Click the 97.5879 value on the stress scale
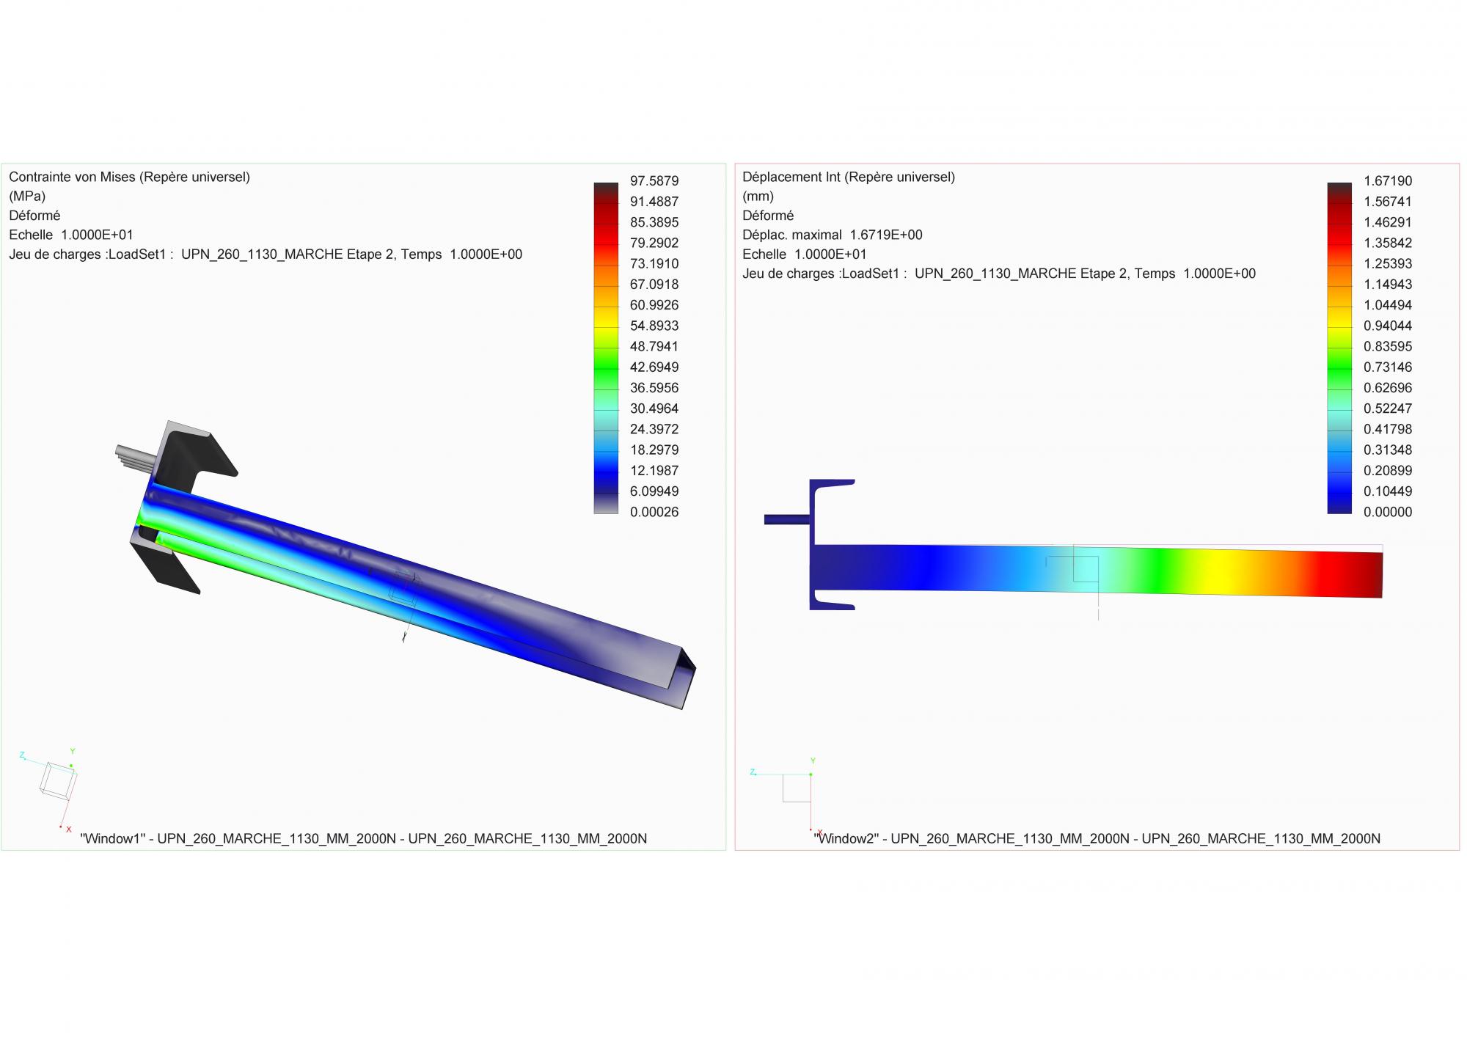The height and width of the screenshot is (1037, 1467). tap(654, 180)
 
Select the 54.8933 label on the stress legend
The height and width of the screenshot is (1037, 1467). tap(654, 326)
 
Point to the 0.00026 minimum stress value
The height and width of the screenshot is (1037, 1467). tap(654, 512)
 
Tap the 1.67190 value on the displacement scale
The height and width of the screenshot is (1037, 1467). tap(1388, 180)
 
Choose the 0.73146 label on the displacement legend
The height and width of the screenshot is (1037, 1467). tap(1388, 367)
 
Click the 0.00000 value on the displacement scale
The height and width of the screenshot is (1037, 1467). tap(1388, 512)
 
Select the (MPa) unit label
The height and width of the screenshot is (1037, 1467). tap(27, 197)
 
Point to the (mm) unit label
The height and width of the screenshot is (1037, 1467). tap(758, 197)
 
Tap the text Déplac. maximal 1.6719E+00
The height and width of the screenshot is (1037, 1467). tap(833, 235)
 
